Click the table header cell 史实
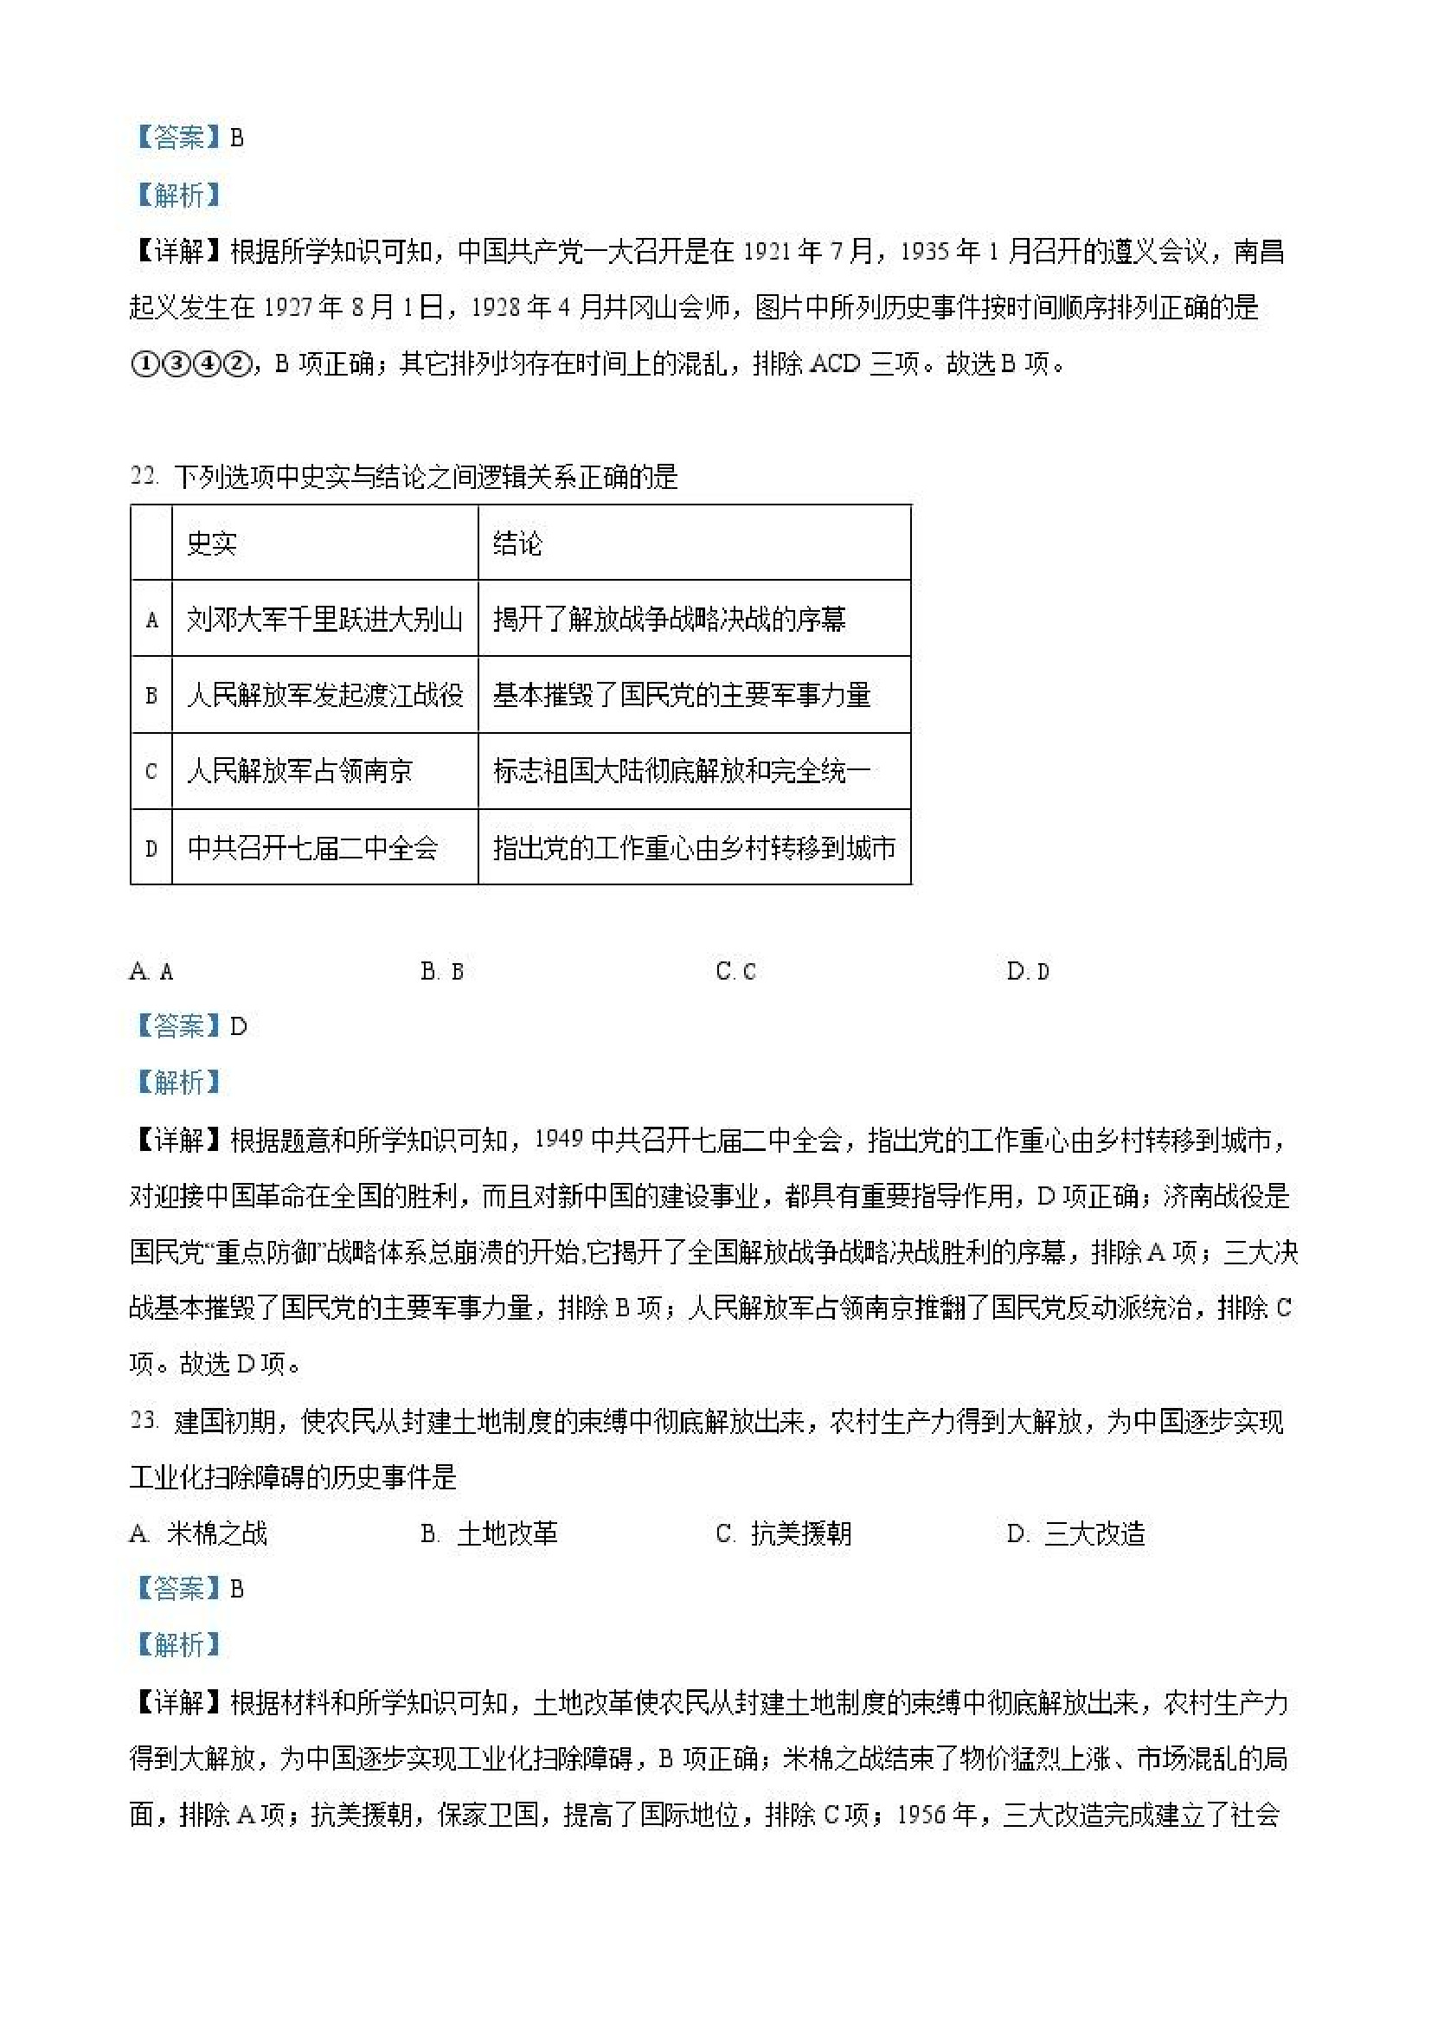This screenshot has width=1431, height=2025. click(212, 543)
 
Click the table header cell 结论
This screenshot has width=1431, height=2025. click(517, 543)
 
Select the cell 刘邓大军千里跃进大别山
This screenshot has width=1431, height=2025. click(324, 619)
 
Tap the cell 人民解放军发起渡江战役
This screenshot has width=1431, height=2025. click(324, 695)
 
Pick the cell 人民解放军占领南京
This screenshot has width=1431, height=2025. click(299, 772)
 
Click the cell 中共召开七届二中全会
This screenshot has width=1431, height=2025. click(312, 847)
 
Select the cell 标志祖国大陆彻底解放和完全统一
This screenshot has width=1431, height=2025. click(682, 772)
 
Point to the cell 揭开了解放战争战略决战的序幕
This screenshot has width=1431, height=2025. click(669, 619)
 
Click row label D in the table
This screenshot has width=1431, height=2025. click(151, 848)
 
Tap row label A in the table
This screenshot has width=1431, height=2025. click(151, 620)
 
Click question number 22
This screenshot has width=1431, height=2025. click(144, 476)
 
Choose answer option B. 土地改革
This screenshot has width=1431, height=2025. click(490, 1534)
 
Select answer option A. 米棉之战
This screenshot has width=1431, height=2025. click(198, 1534)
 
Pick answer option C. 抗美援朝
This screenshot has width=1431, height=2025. click(783, 1534)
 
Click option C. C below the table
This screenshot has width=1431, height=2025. click(736, 971)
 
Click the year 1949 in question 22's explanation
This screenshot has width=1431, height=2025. click(559, 1140)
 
